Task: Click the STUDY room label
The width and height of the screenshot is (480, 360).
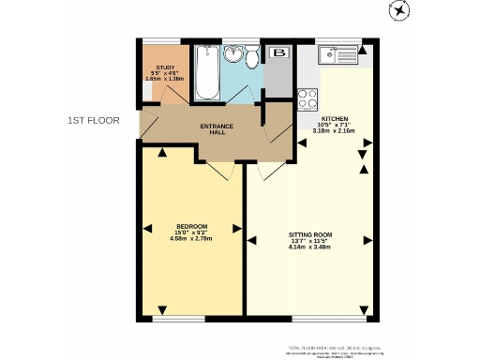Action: pyautogui.click(x=165, y=67)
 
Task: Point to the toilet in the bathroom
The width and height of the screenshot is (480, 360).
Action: pyautogui.click(x=250, y=57)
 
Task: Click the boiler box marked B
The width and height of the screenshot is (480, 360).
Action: pyautogui.click(x=278, y=53)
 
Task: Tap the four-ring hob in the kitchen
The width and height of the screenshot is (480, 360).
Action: pyautogui.click(x=307, y=97)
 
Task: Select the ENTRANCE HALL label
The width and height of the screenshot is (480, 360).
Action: pyautogui.click(x=217, y=129)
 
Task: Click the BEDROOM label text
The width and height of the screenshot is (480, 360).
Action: pyautogui.click(x=191, y=226)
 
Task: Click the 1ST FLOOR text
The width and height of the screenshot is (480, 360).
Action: pyautogui.click(x=94, y=120)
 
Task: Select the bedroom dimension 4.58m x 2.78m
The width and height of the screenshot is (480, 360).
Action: pyautogui.click(x=191, y=239)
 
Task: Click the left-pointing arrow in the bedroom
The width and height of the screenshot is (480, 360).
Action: pyautogui.click(x=147, y=227)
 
